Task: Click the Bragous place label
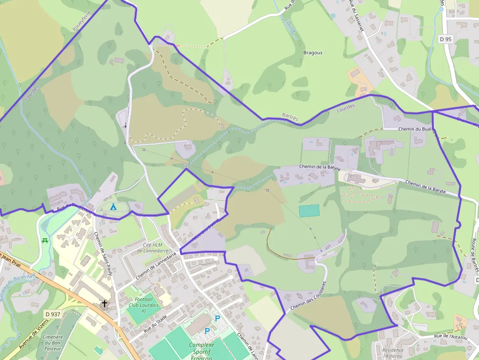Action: click(x=313, y=53)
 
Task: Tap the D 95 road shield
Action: click(x=445, y=39)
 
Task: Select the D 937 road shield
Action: click(x=52, y=314)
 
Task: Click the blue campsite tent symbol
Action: click(x=113, y=207)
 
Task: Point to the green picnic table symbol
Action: click(x=45, y=240)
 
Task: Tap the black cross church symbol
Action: click(x=104, y=304)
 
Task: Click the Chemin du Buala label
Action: click(x=415, y=129)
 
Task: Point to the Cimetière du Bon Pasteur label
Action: click(x=52, y=343)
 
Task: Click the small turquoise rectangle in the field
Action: click(x=309, y=211)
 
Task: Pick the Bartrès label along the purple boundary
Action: click(x=290, y=116)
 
